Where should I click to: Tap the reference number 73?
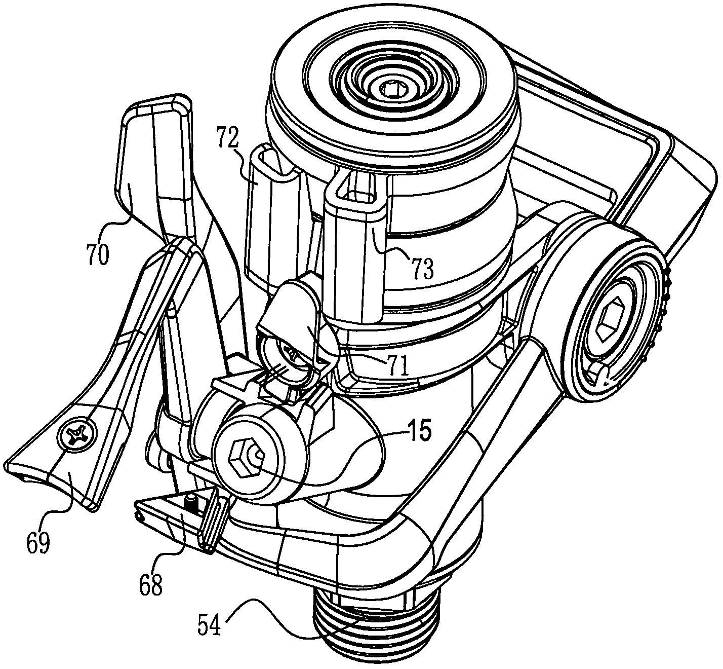(423, 269)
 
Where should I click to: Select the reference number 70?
(98, 255)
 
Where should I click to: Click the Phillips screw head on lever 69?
(77, 435)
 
